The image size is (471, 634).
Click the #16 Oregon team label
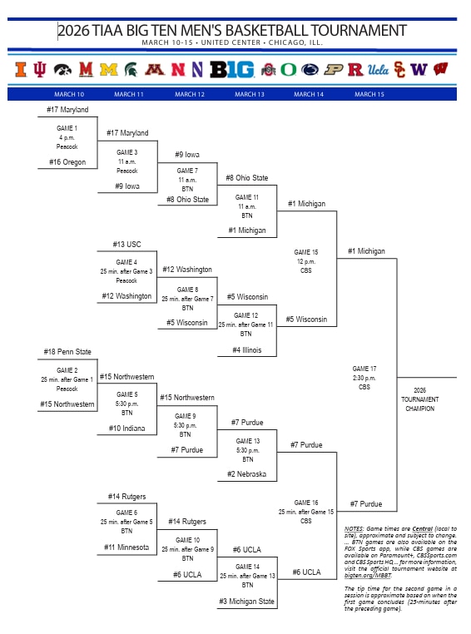tap(67, 162)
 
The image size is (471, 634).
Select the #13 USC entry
tap(127, 245)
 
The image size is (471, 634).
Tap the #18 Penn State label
tap(67, 352)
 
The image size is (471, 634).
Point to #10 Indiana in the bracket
tap(126, 428)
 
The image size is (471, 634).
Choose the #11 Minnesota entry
tap(126, 547)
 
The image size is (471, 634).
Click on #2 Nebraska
tap(247, 474)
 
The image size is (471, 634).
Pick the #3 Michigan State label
tap(247, 602)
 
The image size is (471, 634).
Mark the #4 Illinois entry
tap(247, 350)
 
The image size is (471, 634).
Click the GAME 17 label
tap(365, 369)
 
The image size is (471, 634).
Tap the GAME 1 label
tap(67, 128)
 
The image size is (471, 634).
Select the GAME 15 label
tap(306, 252)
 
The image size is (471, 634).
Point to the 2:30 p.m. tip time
tap(365, 378)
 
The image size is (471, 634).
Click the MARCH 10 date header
tap(69, 94)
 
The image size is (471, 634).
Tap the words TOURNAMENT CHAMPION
tap(420, 404)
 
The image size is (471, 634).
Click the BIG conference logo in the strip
tap(231, 69)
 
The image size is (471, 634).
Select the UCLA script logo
tap(379, 69)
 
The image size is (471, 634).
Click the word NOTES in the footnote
tap(354, 529)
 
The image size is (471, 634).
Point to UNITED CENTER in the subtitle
tap(227, 42)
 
